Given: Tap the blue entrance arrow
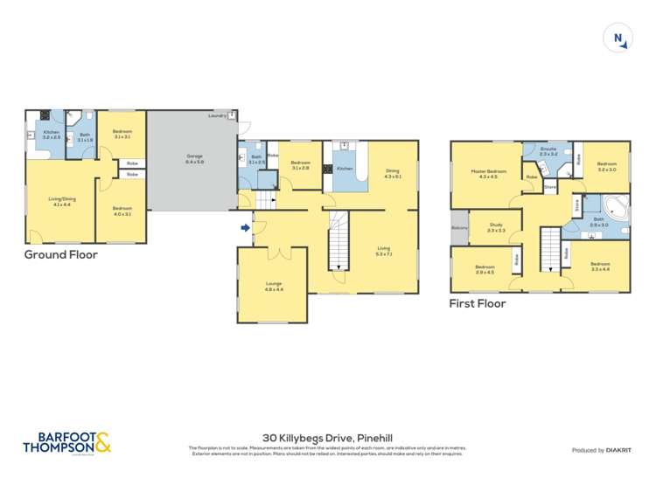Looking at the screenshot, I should point(247,229).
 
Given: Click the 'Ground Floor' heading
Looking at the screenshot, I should point(60,255).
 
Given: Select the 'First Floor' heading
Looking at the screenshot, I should point(478,304).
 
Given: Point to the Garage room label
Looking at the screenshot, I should point(194,159).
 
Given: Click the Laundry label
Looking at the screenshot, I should point(217,115).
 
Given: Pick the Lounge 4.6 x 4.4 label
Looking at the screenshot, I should point(272,287).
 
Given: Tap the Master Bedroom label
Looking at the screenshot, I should point(488,174).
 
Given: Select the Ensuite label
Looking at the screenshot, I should point(548,151).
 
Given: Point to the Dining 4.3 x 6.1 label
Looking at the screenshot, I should point(392,174).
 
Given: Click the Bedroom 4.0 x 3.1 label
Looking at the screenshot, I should point(122,211).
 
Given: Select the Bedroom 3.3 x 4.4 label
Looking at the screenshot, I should point(599,266).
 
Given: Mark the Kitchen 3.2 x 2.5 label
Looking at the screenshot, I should point(52,135).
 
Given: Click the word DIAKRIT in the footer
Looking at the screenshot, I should point(618,450).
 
